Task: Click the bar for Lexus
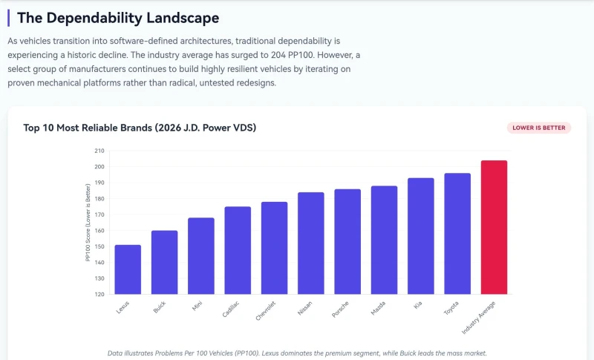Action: [128, 269]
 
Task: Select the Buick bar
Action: [164, 262]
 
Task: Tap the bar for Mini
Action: [201, 256]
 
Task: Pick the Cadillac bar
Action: [238, 250]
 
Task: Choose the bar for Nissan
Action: [311, 243]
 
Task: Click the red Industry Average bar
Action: [494, 227]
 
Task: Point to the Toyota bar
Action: [457, 234]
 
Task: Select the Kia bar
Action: [421, 236]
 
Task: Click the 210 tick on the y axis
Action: [99, 151]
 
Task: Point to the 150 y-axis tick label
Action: [99, 246]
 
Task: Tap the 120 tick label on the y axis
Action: [99, 294]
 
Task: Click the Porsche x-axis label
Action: [340, 310]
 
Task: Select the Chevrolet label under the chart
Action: [266, 311]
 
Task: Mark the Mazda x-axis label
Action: [378, 308]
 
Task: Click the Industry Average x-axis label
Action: [478, 318]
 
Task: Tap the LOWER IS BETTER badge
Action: [539, 128]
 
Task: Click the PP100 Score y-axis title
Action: [88, 223]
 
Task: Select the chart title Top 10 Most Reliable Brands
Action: [140, 128]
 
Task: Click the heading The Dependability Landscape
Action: [118, 18]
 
